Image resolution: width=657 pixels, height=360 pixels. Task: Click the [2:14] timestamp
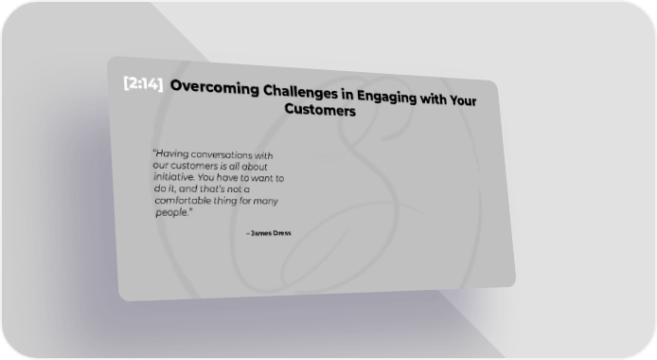(143, 83)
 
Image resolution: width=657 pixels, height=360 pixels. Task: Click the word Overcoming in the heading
(215, 87)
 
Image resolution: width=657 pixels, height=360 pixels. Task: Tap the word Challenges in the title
(300, 92)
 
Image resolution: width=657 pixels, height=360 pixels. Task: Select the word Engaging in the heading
(386, 97)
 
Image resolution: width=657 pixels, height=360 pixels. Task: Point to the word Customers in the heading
(320, 110)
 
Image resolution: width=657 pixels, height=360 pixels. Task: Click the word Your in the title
(463, 100)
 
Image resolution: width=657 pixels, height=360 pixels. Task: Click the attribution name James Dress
(270, 233)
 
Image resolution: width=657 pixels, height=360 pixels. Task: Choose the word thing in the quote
(225, 200)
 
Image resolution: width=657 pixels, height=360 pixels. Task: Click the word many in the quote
(265, 201)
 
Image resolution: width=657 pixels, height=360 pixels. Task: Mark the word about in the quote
(255, 167)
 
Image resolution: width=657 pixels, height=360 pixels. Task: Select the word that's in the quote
(212, 189)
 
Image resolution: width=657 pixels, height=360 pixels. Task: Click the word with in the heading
(433, 99)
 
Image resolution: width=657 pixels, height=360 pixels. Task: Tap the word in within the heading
(346, 95)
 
